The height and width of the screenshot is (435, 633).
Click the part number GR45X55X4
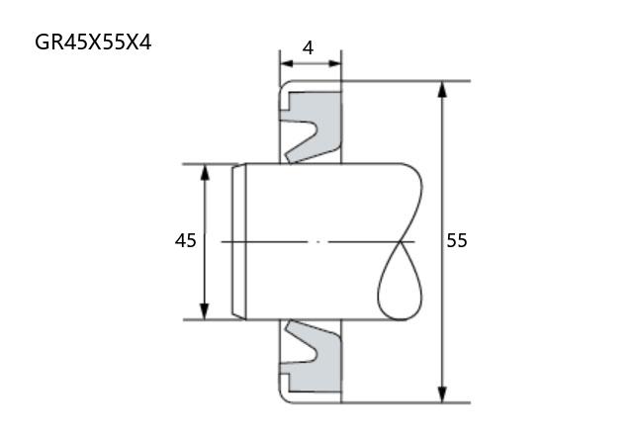pos(93,43)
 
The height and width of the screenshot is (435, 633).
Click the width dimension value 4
pos(308,48)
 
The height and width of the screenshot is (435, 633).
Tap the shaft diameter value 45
pos(186,240)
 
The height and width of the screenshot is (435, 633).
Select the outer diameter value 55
pos(457,240)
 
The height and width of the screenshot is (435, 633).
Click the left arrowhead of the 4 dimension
pos(286,63)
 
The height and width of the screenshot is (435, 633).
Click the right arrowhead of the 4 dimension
pos(335,63)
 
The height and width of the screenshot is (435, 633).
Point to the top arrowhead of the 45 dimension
pos(205,172)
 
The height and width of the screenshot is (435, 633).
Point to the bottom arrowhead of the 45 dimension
pos(205,311)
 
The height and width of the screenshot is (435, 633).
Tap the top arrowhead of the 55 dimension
pos(442,89)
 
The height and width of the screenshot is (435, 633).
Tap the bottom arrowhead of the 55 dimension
pos(442,394)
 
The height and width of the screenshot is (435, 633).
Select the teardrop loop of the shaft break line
pos(400,283)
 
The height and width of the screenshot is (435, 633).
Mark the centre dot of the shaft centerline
pos(318,241)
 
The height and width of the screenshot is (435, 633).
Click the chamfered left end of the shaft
pos(239,241)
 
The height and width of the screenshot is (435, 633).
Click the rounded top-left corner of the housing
pos(284,85)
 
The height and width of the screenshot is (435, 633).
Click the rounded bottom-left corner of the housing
pos(284,398)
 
